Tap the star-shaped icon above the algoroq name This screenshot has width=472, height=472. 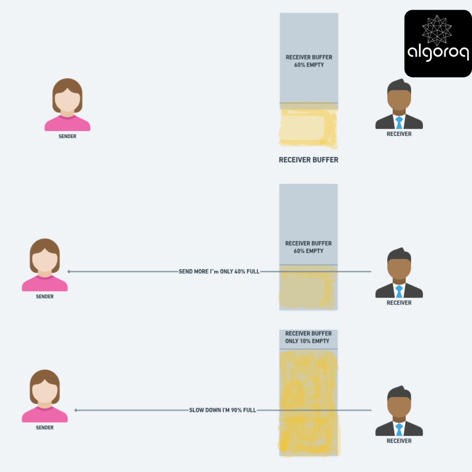[437, 30]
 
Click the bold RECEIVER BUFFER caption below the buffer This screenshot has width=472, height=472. [309, 160]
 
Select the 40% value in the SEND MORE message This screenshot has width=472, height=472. [239, 271]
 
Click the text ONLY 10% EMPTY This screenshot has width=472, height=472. [307, 341]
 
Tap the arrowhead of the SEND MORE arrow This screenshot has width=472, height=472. [69, 271]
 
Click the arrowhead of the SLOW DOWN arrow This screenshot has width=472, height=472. [76, 410]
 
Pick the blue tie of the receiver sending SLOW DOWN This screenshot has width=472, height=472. [399, 430]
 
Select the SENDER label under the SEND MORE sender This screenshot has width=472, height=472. [45, 296]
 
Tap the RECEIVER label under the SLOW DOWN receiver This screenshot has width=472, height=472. [399, 441]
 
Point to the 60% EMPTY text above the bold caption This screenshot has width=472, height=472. [309, 65]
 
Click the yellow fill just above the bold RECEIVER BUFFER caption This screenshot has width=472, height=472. [308, 127]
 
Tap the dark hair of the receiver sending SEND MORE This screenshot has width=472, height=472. [399, 255]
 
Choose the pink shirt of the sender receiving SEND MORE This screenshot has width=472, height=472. [45, 284]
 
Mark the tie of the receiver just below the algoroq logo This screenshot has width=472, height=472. [399, 123]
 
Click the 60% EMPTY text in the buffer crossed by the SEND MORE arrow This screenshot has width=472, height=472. [309, 251]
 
